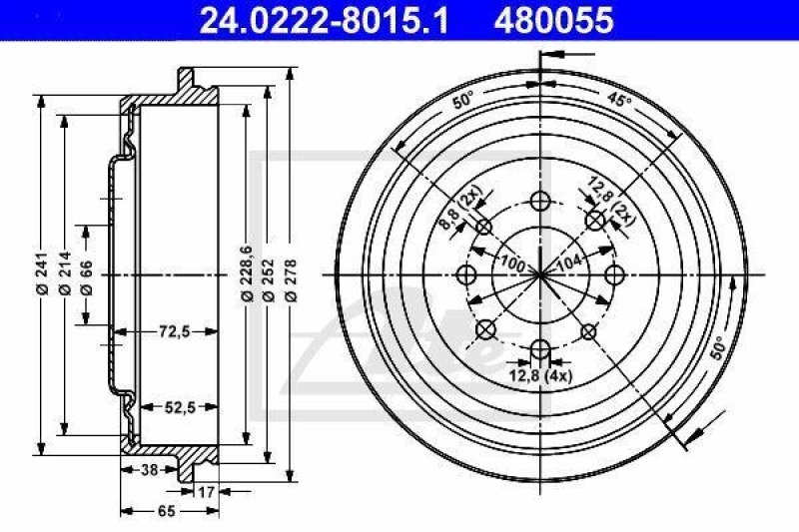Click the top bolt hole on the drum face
tap(540, 198)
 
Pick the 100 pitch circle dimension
tap(513, 263)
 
